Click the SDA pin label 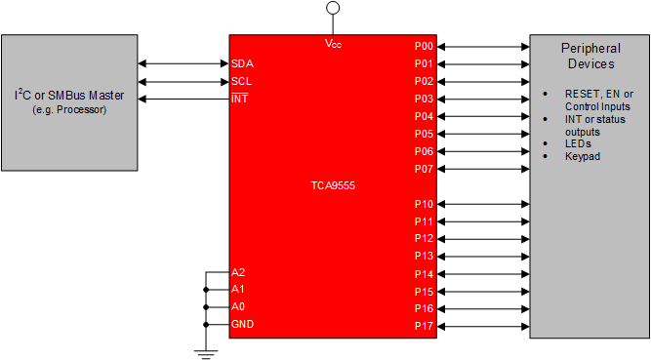[243, 63]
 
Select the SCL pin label [242, 81]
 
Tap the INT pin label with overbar [239, 99]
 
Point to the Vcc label [333, 44]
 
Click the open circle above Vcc [333, 8]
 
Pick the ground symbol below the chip [206, 350]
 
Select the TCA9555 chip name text [333, 184]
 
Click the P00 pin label [423, 46]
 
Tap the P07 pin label [423, 169]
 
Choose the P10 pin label [423, 204]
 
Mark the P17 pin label [423, 326]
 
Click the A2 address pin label [238, 271]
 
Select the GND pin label [242, 324]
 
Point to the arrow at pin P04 [482, 116]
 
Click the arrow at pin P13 [482, 256]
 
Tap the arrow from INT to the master [185, 99]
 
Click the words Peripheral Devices [590, 56]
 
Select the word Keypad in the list [582, 156]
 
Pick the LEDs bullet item [578, 143]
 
